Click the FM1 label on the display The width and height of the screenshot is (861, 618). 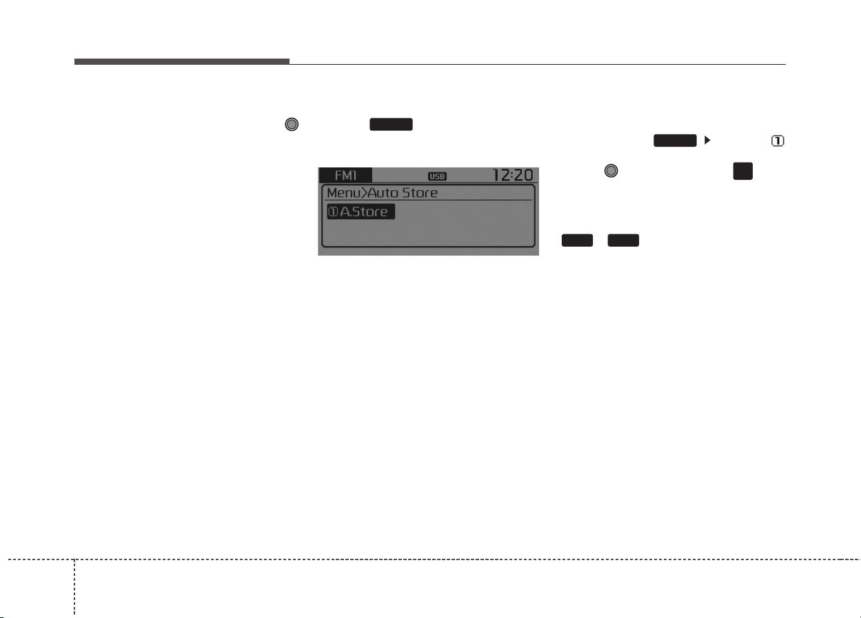[x=345, y=176]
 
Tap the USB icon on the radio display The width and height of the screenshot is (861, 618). [x=437, y=176]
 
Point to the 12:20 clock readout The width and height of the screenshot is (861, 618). [x=513, y=175]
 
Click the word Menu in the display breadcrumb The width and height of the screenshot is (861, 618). [x=343, y=193]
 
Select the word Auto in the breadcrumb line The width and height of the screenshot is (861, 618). [x=383, y=193]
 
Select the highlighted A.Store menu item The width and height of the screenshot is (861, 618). [x=361, y=212]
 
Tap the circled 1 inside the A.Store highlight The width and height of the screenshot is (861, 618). [x=333, y=212]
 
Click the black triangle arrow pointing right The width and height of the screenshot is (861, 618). [x=707, y=140]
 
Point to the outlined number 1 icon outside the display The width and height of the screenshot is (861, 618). [x=778, y=141]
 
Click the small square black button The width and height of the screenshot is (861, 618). [x=742, y=171]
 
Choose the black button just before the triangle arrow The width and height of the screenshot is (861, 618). [x=675, y=141]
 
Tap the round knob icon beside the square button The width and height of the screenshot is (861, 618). [x=611, y=171]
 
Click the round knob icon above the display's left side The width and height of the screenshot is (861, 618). [x=292, y=124]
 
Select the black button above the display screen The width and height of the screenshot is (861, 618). [x=391, y=125]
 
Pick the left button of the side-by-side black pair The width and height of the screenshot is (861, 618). [x=577, y=240]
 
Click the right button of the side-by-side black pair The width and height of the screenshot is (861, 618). [x=623, y=240]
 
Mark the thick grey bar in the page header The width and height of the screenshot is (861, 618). [x=182, y=61]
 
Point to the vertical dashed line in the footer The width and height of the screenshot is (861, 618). [x=74, y=588]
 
